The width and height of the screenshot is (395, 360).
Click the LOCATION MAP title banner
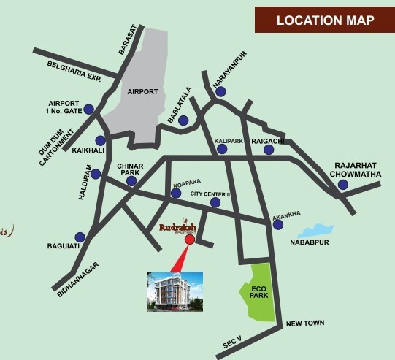tap(325, 20)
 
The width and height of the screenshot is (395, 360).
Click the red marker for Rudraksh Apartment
tap(190, 240)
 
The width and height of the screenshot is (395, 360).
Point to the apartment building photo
tap(174, 291)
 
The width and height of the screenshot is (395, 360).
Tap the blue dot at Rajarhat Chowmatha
tap(342, 185)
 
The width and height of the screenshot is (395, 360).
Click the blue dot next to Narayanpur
tap(220, 92)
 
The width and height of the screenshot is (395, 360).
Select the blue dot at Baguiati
tap(80, 237)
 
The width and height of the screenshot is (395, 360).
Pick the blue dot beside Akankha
tap(277, 225)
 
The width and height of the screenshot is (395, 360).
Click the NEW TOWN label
tap(304, 323)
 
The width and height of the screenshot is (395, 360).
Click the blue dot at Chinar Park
tap(131, 181)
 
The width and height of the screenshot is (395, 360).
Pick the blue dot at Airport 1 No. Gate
tap(88, 110)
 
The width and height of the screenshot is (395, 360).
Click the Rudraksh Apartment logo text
tap(177, 227)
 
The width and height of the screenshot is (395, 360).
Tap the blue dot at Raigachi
tap(269, 150)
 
